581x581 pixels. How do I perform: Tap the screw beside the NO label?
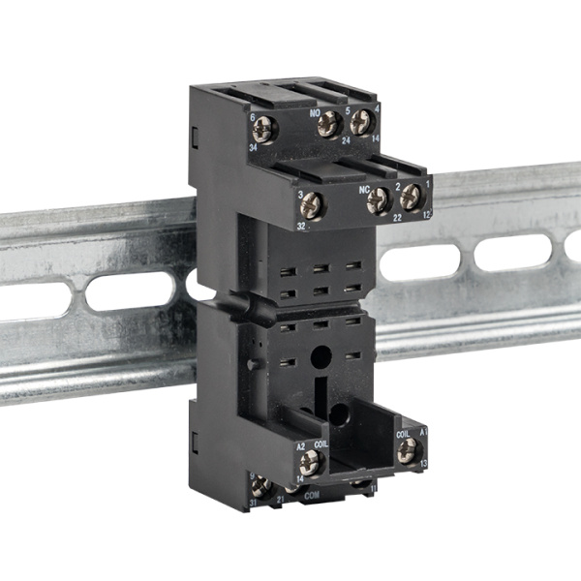tap(330, 122)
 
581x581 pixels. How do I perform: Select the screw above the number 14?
tap(361, 122)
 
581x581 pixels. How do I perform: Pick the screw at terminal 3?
tap(312, 205)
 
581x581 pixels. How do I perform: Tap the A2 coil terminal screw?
tap(313, 461)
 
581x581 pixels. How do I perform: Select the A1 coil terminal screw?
tap(408, 448)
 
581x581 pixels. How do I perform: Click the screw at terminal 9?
tap(260, 486)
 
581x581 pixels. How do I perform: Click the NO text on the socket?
tap(315, 113)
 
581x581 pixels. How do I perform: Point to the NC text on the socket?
tap(365, 190)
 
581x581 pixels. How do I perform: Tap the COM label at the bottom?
tap(312, 495)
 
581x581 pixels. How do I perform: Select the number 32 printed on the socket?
tap(301, 225)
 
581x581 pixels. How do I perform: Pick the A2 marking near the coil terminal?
tap(301, 445)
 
